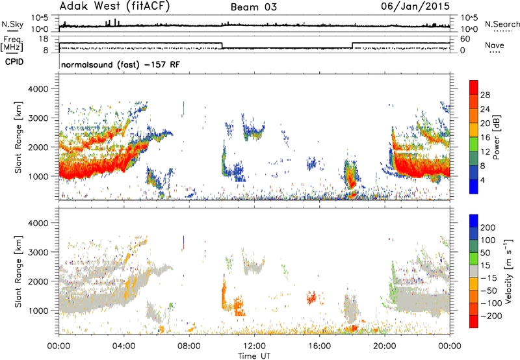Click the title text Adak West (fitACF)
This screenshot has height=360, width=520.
[114, 6]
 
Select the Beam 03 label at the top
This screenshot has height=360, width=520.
[253, 7]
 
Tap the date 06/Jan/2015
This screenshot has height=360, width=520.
[415, 6]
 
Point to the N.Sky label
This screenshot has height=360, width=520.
[12, 24]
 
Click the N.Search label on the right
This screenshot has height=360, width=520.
[502, 24]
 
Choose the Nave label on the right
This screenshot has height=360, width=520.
[495, 45]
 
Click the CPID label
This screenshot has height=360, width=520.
[14, 62]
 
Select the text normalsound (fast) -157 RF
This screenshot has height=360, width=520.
[121, 64]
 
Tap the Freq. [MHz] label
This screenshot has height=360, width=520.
[12, 44]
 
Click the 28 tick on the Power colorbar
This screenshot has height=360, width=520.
[485, 95]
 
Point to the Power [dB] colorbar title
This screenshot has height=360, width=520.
[497, 137]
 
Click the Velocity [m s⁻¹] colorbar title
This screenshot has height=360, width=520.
[508, 271]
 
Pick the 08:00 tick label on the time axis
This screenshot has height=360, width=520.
[189, 346]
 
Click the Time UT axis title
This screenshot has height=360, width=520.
[254, 355]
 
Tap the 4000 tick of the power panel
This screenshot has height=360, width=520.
[38, 89]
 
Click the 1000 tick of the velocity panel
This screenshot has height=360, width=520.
[38, 311]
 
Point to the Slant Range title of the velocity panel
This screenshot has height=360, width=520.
[18, 272]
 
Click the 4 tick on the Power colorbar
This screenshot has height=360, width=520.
[482, 181]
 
